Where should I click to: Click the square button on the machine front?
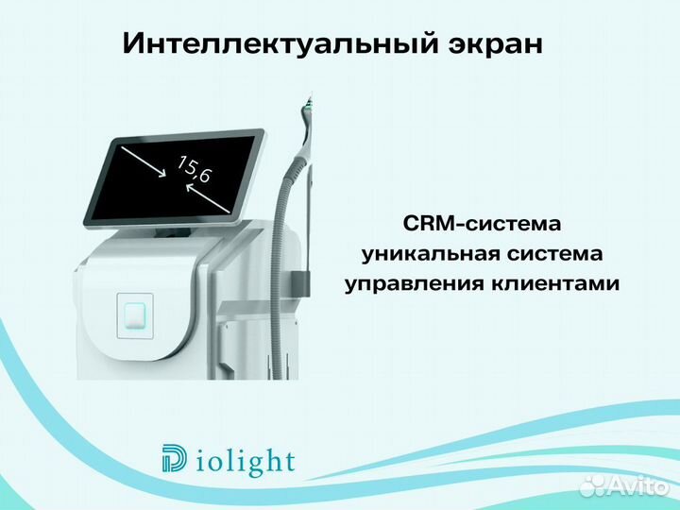133,312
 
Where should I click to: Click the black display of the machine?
170,175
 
